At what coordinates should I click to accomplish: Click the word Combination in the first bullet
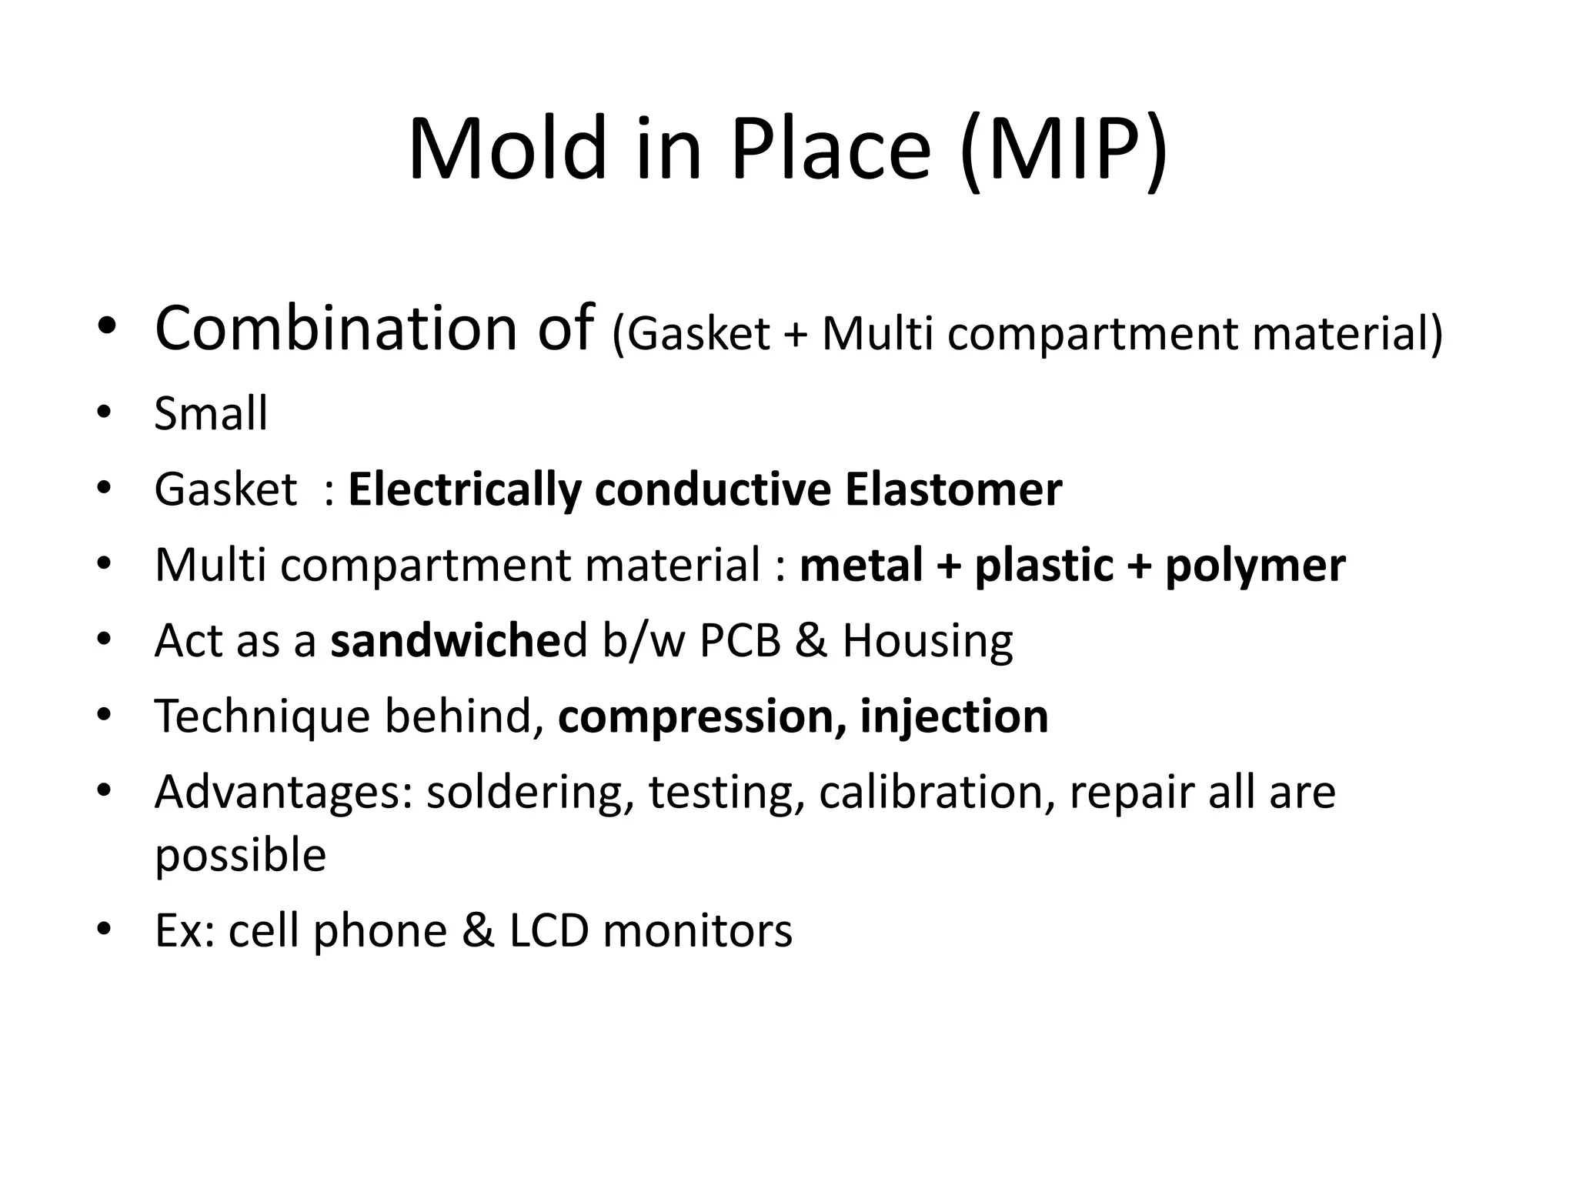click(336, 329)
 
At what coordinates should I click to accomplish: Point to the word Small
click(211, 414)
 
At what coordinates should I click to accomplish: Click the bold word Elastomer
click(953, 489)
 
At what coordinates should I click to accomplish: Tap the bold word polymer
click(1255, 566)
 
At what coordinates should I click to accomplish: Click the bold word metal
click(860, 566)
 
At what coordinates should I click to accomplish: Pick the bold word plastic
click(1043, 566)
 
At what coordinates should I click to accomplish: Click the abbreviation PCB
click(740, 640)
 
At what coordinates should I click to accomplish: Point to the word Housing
click(927, 640)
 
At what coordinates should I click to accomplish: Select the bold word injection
click(954, 716)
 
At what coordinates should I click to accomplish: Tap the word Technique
click(262, 716)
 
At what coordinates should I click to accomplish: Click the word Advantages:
click(284, 793)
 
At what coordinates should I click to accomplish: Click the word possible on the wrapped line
click(240, 855)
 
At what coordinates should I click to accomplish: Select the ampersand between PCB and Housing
click(811, 640)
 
